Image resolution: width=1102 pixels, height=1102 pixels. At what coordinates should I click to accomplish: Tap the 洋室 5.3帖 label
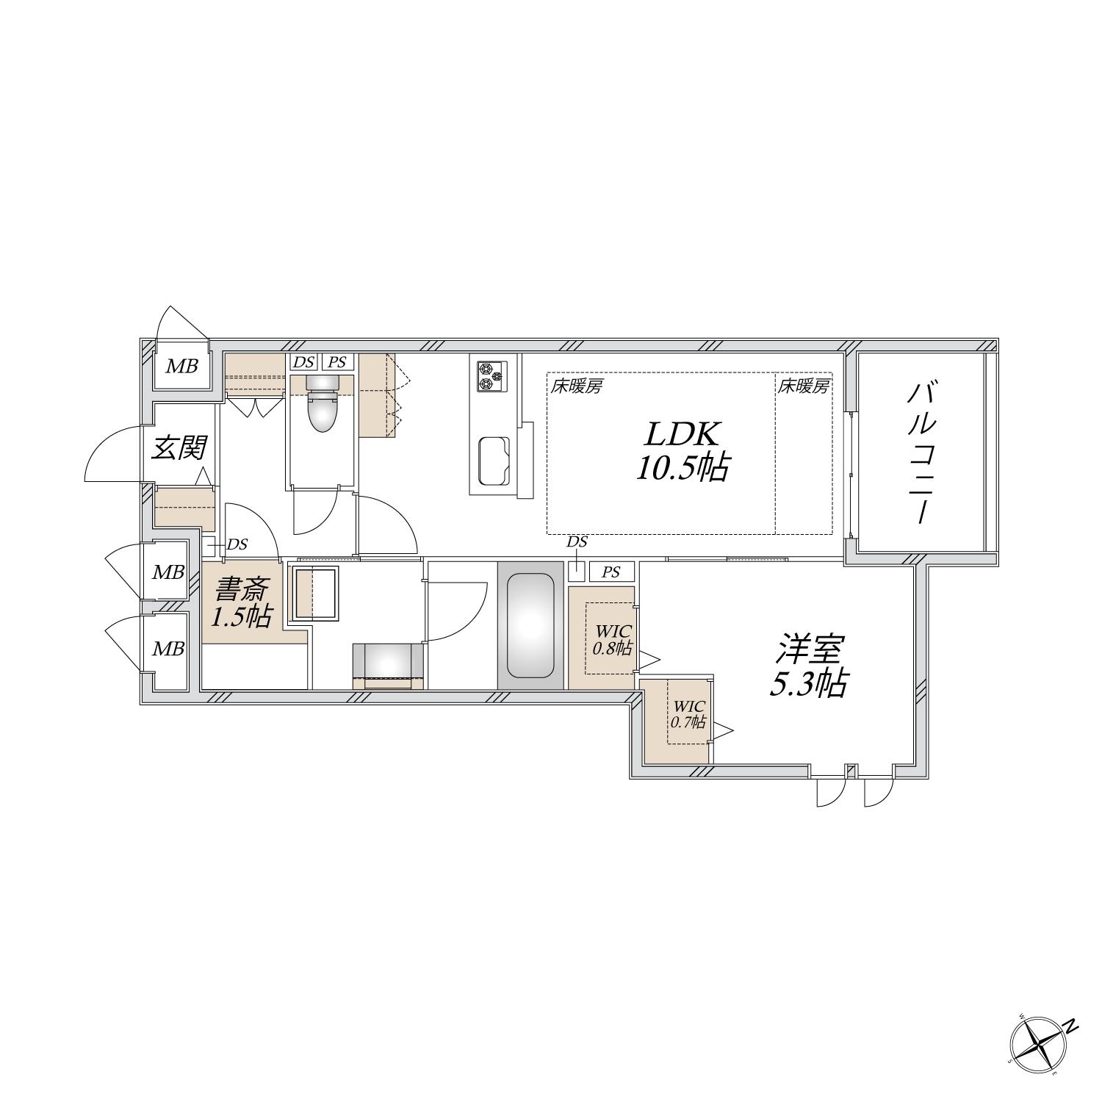click(x=807, y=667)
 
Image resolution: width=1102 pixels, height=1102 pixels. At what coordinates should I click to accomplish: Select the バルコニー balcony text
click(x=920, y=453)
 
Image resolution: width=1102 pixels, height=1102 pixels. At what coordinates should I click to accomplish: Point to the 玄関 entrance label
click(x=179, y=447)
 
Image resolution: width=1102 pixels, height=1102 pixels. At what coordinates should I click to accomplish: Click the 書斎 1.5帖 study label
click(x=241, y=602)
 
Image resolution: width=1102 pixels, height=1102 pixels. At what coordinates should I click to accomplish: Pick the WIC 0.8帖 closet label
click(x=613, y=639)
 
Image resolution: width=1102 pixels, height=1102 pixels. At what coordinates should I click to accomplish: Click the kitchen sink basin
click(x=494, y=461)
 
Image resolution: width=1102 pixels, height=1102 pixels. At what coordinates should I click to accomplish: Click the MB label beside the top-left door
click(x=181, y=366)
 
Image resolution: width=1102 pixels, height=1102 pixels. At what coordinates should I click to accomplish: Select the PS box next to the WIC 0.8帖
click(x=611, y=572)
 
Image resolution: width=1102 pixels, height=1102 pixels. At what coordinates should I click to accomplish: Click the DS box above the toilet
click(x=303, y=361)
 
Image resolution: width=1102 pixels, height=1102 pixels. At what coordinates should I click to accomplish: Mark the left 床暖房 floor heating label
click(x=577, y=386)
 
